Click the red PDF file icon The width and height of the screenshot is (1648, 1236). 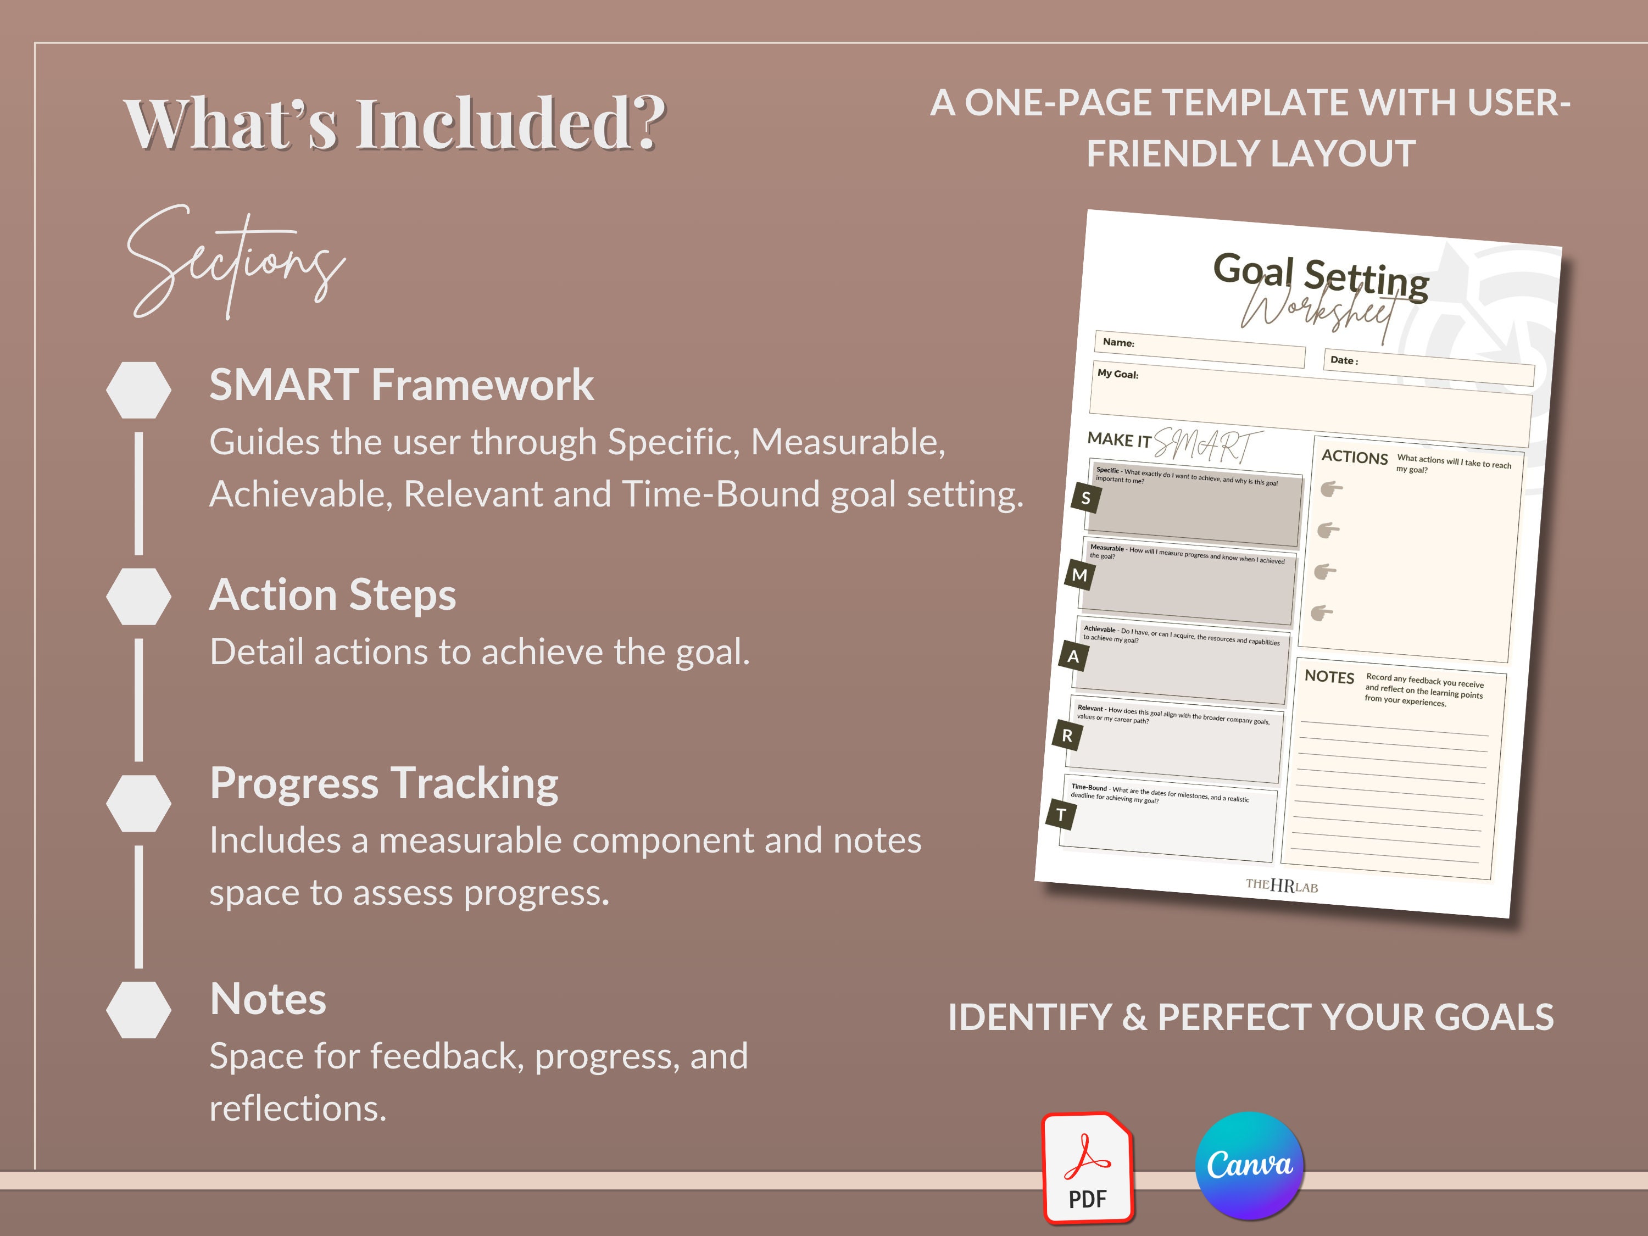tap(1088, 1168)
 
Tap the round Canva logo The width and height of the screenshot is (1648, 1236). tap(1249, 1165)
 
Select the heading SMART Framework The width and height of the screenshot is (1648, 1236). tap(401, 385)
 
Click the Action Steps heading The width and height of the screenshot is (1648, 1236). tap(332, 595)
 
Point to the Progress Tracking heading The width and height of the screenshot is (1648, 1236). tap(383, 784)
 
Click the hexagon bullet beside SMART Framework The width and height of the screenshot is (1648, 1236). tap(138, 389)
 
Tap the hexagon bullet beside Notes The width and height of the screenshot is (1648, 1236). tap(138, 1010)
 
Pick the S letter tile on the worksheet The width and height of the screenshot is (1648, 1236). tap(1085, 498)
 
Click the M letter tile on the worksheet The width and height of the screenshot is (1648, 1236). tap(1079, 575)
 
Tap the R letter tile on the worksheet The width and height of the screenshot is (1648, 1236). tap(1067, 736)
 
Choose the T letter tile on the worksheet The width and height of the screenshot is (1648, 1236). tap(1061, 815)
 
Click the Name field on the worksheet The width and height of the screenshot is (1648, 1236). tap(1200, 349)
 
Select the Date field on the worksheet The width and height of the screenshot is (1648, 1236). tap(1428, 368)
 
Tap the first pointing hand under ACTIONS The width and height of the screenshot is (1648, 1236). tap(1330, 489)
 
